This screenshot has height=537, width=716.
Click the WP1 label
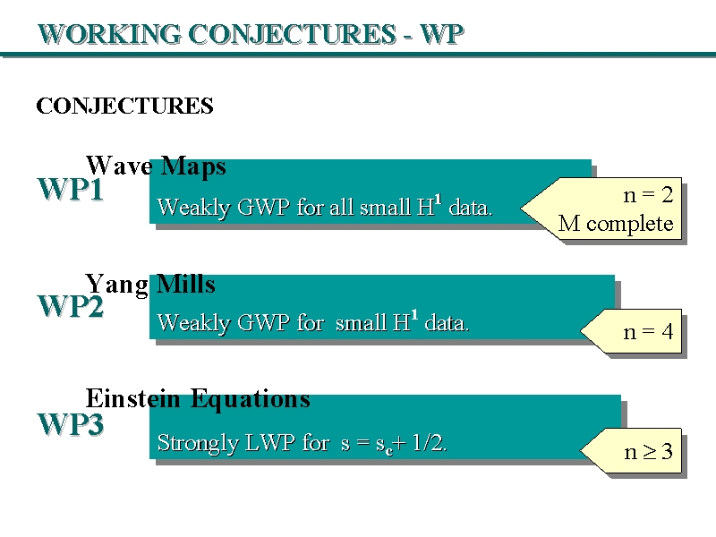coord(70,191)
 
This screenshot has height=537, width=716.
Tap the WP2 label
coord(70,306)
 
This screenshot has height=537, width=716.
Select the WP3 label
coord(70,425)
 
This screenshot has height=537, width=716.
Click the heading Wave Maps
coord(156,166)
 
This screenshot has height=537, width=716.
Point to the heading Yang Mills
coord(150,285)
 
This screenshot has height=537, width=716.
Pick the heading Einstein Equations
coord(198,398)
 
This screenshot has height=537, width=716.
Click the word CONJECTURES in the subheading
coord(124,107)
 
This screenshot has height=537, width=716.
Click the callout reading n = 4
coord(647,333)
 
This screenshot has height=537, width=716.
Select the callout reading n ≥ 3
coord(647,453)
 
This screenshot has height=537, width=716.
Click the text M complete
coord(615,224)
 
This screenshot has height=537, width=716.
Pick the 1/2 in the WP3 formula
coord(430,442)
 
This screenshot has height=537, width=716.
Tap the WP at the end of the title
coord(442,34)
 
